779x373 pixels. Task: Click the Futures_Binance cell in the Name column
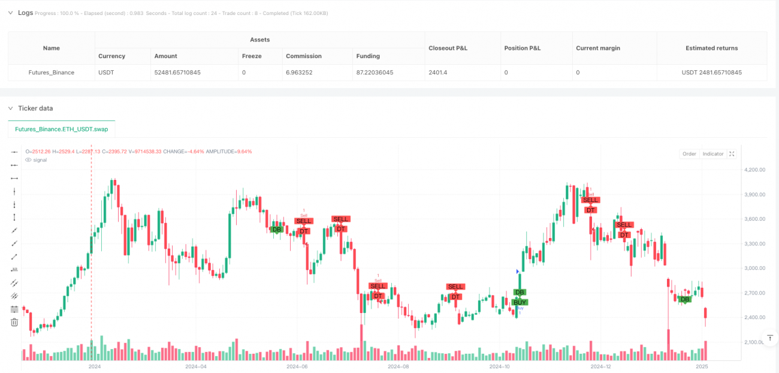52,73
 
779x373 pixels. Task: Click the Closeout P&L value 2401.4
438,73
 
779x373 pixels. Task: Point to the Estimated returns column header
712,48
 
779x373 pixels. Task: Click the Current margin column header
598,48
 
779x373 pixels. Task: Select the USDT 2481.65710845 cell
712,73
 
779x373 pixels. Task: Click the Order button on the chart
689,154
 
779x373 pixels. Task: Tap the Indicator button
713,154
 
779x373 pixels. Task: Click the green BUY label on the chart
520,302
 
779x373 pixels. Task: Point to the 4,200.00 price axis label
754,170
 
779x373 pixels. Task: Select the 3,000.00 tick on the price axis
754,268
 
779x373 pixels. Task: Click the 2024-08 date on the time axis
398,366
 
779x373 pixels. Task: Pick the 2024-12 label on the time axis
600,366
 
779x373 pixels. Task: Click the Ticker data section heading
35,109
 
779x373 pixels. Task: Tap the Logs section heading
26,13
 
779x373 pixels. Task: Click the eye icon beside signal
28,160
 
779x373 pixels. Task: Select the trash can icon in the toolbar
14,322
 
